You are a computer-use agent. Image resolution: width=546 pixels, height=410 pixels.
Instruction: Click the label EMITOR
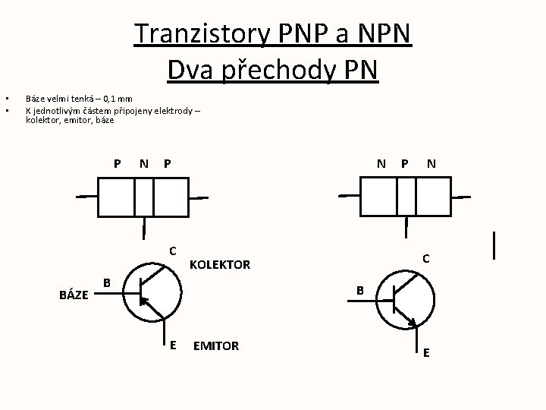(x=216, y=346)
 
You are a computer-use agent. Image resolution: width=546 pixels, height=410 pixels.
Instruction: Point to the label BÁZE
(x=73, y=296)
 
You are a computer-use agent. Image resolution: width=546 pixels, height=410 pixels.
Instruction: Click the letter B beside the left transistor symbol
(x=107, y=283)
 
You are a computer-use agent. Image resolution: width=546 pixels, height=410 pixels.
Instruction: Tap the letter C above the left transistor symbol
(x=173, y=251)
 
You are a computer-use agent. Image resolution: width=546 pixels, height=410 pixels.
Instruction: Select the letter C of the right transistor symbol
(x=426, y=259)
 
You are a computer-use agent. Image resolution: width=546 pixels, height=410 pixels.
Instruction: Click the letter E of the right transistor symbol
(x=426, y=352)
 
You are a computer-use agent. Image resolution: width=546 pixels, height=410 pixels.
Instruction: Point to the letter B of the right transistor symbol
(x=361, y=290)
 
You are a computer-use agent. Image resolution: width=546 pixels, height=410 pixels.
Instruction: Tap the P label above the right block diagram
(x=405, y=162)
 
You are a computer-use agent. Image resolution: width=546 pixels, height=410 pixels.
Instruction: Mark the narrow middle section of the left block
(x=144, y=197)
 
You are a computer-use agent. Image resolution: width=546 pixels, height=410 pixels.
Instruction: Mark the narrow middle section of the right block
(x=406, y=197)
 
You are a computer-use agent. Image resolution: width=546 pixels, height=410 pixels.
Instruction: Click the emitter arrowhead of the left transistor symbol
(x=145, y=302)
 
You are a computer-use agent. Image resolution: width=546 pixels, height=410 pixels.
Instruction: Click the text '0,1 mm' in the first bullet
(x=118, y=99)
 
